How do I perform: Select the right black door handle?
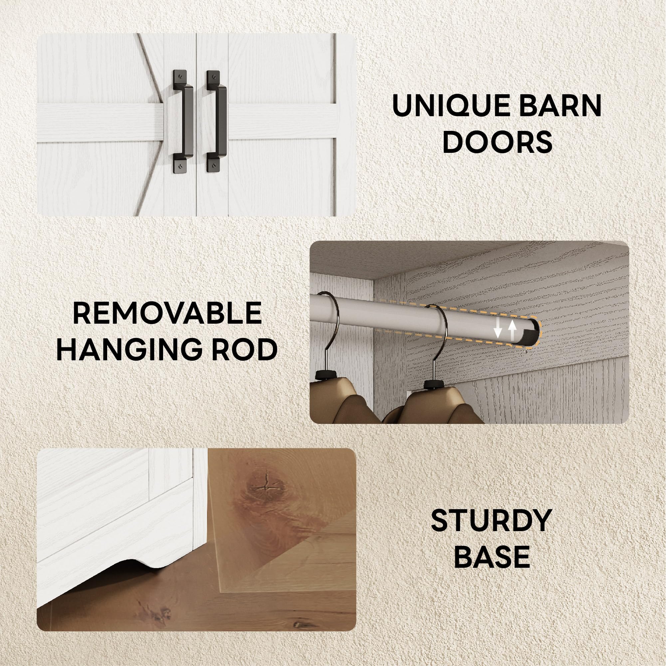pyautogui.click(x=217, y=121)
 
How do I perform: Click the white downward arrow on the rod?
pyautogui.click(x=498, y=328)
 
